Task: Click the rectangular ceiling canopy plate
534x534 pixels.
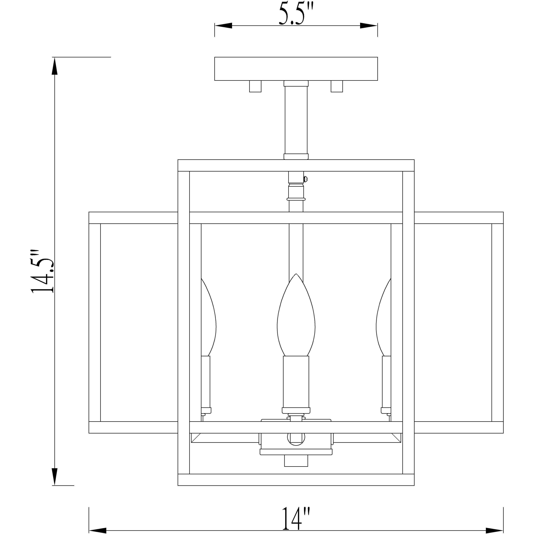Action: pos(296,69)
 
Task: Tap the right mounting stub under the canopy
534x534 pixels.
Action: pos(337,86)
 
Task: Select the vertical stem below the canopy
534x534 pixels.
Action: pos(296,120)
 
